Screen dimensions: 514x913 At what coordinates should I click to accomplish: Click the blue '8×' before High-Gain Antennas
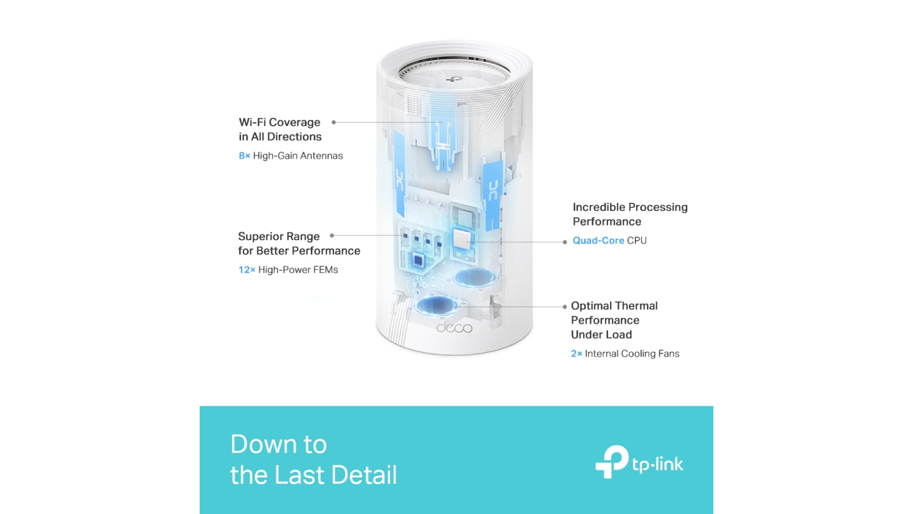click(244, 156)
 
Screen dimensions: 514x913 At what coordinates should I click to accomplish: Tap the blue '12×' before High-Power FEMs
click(247, 270)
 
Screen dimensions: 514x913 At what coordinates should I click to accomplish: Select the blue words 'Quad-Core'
click(598, 241)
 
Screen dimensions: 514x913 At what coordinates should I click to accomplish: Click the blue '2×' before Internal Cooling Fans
click(576, 354)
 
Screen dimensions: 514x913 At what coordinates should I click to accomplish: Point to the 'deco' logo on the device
click(454, 328)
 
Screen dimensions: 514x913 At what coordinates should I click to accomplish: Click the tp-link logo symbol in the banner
click(612, 462)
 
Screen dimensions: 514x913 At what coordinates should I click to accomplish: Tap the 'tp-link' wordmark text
click(657, 465)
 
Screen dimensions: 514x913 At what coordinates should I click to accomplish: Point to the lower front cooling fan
click(437, 305)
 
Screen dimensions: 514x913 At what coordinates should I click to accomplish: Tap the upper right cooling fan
click(475, 278)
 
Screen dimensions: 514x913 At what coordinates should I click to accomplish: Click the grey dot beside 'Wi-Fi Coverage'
click(334, 122)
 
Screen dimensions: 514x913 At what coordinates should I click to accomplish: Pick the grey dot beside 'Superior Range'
click(332, 236)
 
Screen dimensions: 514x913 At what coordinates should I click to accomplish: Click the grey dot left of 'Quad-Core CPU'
click(565, 242)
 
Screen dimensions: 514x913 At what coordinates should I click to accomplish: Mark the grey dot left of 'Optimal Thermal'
click(565, 306)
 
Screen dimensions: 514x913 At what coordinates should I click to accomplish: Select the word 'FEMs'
click(326, 270)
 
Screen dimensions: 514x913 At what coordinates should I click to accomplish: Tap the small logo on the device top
click(454, 79)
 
